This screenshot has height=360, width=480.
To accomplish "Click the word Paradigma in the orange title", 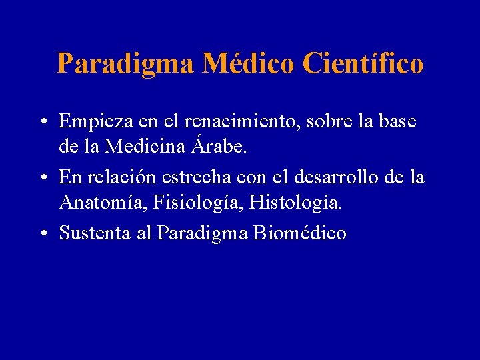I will click(x=125, y=64).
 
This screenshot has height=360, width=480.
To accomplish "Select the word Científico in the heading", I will click(x=363, y=64).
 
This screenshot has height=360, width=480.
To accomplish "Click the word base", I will click(x=398, y=122).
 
